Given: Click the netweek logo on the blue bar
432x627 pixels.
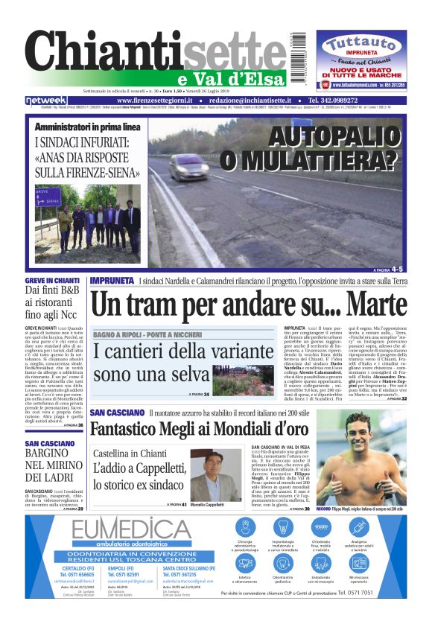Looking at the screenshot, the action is pos(45,101).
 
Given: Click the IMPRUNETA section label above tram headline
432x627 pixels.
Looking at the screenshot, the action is pos(112,280).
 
